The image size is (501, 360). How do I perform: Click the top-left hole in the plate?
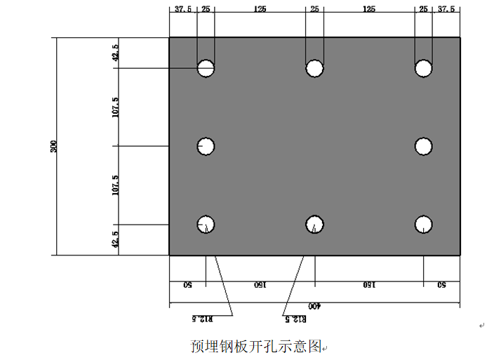pos(206,68)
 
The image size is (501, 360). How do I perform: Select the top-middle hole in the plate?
pos(314,68)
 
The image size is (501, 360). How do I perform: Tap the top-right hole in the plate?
pos(423,68)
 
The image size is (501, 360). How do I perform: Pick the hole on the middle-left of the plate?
pos(206,146)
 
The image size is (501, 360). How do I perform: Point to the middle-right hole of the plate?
pos(423,146)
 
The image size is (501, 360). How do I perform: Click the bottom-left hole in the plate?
pos(206,224)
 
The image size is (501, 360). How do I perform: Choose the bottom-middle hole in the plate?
pos(314,224)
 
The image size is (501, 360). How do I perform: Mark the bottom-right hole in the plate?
pos(423,224)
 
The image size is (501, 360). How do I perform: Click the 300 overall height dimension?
pos(54,146)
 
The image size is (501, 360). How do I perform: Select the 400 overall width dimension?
pos(314,307)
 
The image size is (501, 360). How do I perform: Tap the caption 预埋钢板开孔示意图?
pos(256,346)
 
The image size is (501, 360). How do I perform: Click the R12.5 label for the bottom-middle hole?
pos(297,318)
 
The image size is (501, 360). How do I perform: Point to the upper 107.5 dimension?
pos(116,107)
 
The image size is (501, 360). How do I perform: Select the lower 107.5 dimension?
pos(116,185)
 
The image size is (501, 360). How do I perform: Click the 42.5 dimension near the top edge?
pos(116,53)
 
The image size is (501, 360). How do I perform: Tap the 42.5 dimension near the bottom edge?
pos(116,240)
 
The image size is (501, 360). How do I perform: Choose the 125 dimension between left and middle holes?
pos(260,9)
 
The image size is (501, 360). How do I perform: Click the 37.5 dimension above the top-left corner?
pos(183,9)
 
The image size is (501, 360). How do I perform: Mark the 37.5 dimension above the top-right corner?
pos(446,9)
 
